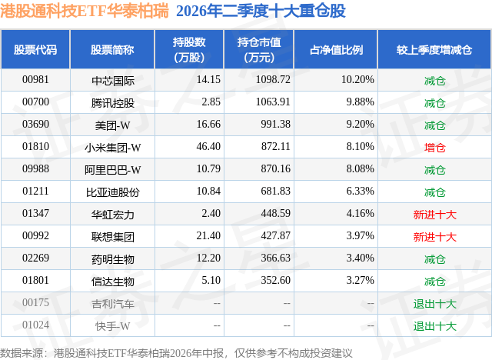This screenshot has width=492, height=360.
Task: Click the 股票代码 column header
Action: point(35,50)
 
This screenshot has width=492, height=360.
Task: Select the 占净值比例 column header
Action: point(336,50)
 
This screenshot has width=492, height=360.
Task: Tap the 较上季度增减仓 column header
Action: point(434,50)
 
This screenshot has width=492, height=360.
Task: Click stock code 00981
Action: point(35,80)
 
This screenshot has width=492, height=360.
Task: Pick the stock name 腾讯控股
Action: point(113,102)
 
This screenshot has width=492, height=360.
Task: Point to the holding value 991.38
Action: point(275,125)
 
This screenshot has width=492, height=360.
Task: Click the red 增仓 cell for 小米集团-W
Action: point(434,148)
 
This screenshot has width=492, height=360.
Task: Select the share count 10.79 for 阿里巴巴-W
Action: point(208,169)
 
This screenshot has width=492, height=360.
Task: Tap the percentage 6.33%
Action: point(360,191)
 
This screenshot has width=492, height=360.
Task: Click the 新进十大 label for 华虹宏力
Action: point(434,215)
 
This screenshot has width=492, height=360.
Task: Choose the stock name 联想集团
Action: point(113,237)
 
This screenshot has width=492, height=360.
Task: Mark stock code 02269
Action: point(35,258)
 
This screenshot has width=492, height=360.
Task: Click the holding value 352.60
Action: point(275,280)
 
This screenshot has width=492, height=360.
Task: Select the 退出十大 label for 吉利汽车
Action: point(434,304)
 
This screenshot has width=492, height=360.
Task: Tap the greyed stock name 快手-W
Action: point(113,326)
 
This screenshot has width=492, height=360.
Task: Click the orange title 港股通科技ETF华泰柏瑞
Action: point(85,11)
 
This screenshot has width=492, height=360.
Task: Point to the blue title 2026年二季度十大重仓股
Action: point(261,11)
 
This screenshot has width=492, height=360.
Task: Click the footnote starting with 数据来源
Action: point(176,353)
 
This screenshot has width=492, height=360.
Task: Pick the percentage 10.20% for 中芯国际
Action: point(357,80)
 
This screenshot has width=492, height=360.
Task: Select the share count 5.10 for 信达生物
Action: point(211,280)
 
